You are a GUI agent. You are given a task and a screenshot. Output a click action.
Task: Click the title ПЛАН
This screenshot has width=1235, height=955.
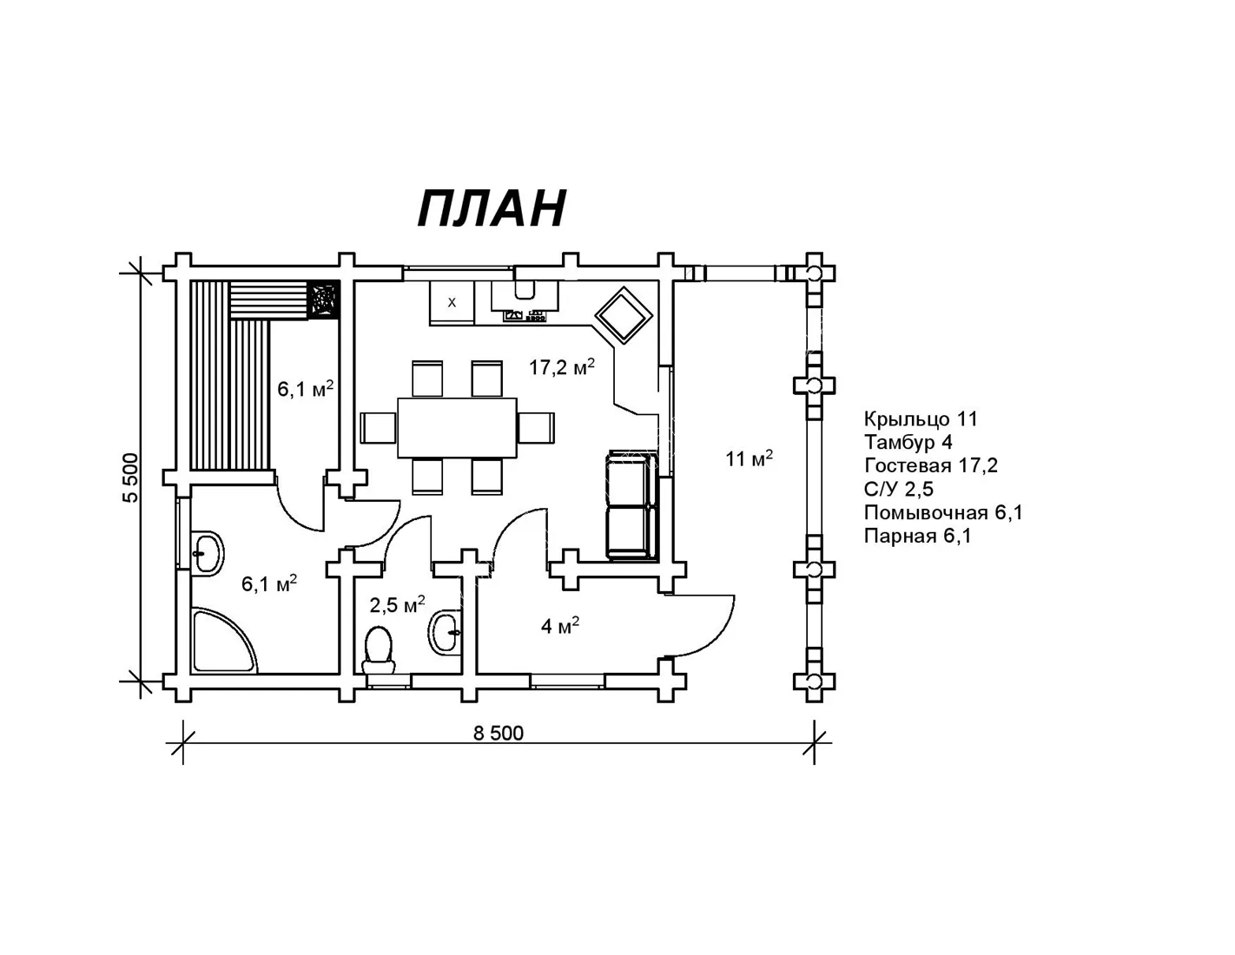pos(492,208)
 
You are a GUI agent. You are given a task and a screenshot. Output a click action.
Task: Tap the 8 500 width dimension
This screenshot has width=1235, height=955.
pos(499,734)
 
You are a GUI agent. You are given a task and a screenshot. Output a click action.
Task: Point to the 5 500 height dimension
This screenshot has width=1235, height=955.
pos(131,477)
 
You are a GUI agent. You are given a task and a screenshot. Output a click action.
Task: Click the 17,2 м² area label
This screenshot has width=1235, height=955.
pos(562,367)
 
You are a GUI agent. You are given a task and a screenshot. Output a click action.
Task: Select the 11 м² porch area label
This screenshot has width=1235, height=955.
pos(749,458)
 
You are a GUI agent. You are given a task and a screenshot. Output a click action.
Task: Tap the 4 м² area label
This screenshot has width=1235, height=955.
pos(560,626)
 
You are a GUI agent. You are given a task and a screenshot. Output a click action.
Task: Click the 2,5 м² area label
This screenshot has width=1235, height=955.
pos(397,604)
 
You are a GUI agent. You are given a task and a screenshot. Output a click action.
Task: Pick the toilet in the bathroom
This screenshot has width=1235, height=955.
pos(379,650)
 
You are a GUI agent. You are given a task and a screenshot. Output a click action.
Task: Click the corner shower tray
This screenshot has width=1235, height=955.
pos(224,640)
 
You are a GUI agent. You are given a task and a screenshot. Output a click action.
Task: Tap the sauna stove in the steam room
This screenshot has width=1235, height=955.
pos(323,298)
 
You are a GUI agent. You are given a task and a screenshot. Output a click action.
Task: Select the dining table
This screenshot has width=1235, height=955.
pos(457,427)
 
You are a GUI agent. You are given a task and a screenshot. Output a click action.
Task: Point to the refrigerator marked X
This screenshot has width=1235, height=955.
pos(452,302)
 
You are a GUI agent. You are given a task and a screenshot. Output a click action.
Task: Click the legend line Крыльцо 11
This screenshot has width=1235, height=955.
pos(921,419)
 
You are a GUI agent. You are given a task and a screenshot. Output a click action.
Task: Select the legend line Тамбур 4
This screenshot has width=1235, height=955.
pos(908,442)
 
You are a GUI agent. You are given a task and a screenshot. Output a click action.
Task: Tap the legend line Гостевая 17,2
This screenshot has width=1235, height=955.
pos(931,466)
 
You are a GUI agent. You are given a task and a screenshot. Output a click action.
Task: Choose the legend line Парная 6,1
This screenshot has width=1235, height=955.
pos(918,536)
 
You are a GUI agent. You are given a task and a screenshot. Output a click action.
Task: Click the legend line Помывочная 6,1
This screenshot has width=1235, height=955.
pos(943,512)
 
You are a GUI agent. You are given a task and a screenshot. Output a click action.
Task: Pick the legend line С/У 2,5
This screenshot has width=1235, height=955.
pos(899,489)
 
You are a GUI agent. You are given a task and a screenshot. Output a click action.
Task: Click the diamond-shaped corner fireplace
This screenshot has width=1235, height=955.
pos(624,315)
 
